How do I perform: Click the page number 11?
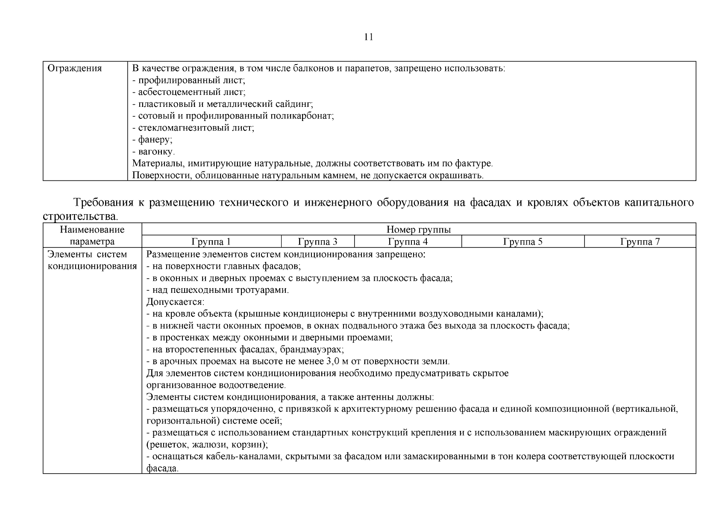369,37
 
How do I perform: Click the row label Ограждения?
74,68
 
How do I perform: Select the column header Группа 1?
211,242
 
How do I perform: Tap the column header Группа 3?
318,242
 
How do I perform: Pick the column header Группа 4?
408,242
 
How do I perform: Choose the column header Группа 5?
522,242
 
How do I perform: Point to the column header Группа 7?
640,242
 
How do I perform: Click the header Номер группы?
418,230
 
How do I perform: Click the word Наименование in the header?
92,230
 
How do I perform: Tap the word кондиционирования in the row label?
92,266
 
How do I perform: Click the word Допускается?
170,302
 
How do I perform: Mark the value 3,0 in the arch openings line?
332,362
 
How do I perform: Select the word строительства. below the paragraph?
80,217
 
